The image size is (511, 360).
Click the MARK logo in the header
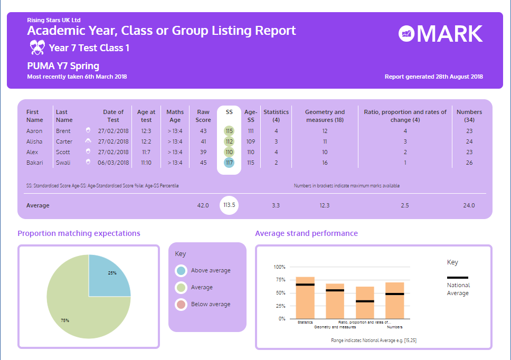[x=440, y=34]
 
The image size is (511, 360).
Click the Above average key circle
[x=181, y=271]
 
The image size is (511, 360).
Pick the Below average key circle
[x=181, y=305]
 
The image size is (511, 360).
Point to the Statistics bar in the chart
[x=305, y=298]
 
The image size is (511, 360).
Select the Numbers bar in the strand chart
[x=395, y=300]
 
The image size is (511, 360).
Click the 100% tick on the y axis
[x=279, y=267]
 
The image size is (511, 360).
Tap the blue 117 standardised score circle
[x=229, y=163]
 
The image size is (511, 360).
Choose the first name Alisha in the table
[x=34, y=141]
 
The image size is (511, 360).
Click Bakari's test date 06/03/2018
[x=113, y=163]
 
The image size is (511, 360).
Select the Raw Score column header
[x=203, y=116]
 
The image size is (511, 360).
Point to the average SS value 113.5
[x=229, y=205]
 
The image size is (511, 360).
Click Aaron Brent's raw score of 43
[x=203, y=131]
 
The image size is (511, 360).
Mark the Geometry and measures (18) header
[x=325, y=116]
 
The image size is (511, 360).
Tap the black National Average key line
[x=458, y=278]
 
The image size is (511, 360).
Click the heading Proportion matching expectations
[x=79, y=233]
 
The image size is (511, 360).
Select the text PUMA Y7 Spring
[x=63, y=66]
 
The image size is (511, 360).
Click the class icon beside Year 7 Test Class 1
[x=36, y=48]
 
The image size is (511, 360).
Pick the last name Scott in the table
[x=63, y=152]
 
